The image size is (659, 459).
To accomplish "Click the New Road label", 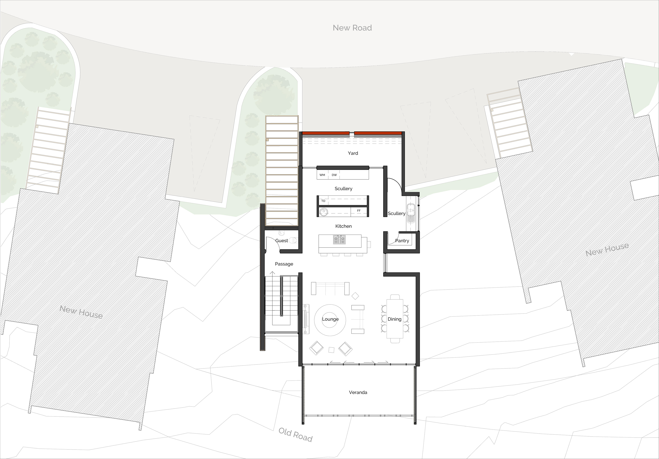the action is [352, 28].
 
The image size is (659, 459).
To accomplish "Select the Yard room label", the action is [353, 153].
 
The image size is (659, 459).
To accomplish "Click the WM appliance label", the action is [322, 175].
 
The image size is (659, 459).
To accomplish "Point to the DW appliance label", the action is [334, 175].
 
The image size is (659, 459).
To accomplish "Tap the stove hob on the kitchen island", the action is [339, 240].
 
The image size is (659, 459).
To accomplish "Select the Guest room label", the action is [282, 241].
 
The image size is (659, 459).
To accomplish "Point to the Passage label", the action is [284, 264].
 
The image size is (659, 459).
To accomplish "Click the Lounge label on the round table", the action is [330, 319].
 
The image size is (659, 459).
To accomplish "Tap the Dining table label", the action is [394, 319].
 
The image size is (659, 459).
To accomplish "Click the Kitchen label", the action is [343, 226].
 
